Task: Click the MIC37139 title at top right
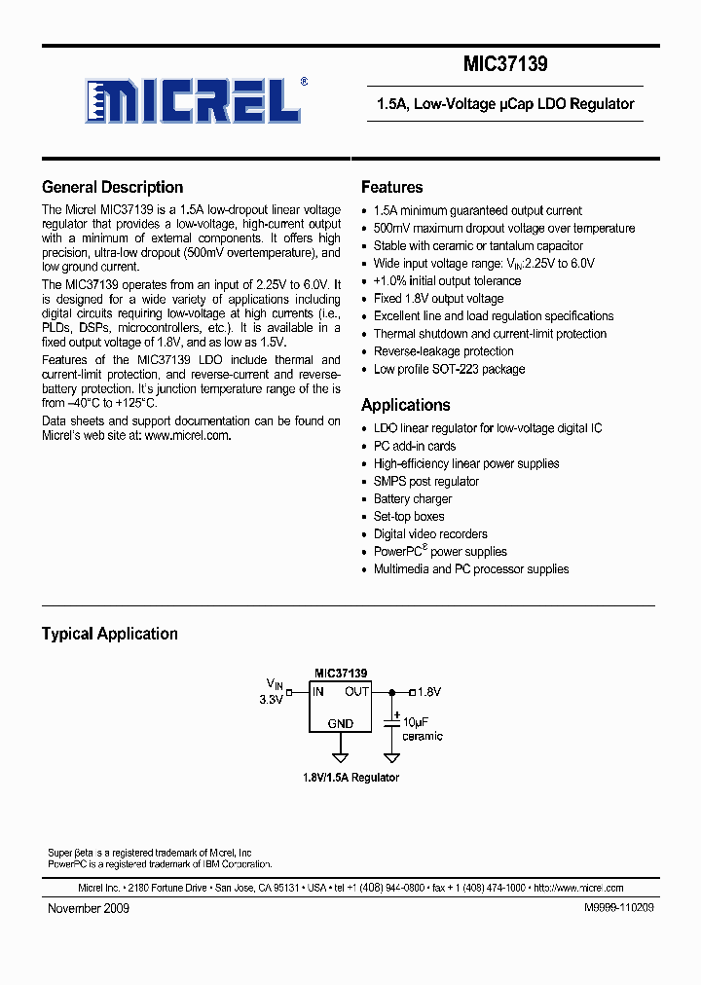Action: (x=504, y=65)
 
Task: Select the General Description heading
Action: (x=112, y=187)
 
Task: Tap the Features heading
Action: (x=391, y=187)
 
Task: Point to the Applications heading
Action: (x=405, y=405)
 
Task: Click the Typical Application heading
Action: (x=109, y=634)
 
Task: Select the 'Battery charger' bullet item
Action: (x=413, y=499)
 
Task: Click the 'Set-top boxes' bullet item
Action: (x=409, y=517)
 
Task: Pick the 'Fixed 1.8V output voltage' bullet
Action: (x=438, y=299)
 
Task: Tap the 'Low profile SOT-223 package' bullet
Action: (x=449, y=369)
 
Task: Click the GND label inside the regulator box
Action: (x=341, y=724)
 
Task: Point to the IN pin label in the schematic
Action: (x=317, y=692)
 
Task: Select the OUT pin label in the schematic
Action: (x=356, y=692)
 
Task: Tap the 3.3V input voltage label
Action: (x=271, y=700)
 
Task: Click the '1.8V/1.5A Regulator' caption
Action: (x=350, y=778)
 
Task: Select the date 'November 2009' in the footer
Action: (x=89, y=908)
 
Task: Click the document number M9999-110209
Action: (x=619, y=908)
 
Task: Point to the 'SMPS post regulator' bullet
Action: (x=426, y=482)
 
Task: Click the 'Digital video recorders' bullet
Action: (x=430, y=534)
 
